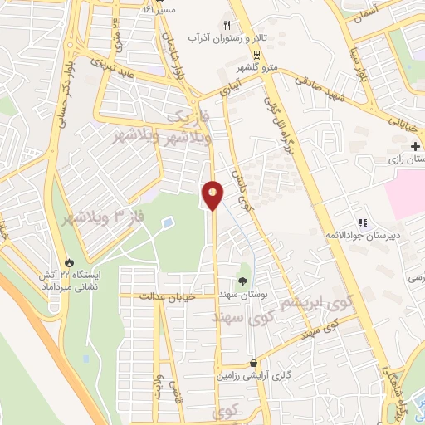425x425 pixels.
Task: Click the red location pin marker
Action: [x=212, y=194]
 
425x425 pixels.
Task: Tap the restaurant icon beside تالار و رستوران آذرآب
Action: [x=227, y=25]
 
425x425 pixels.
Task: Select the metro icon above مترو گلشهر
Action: [x=256, y=54]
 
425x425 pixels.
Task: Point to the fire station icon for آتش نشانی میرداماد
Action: [x=69, y=259]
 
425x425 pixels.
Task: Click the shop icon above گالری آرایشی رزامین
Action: [x=252, y=363]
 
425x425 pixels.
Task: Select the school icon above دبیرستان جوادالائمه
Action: [x=362, y=222]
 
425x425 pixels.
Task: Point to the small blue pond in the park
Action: [x=169, y=223]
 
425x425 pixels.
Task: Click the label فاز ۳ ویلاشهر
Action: [x=100, y=218]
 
